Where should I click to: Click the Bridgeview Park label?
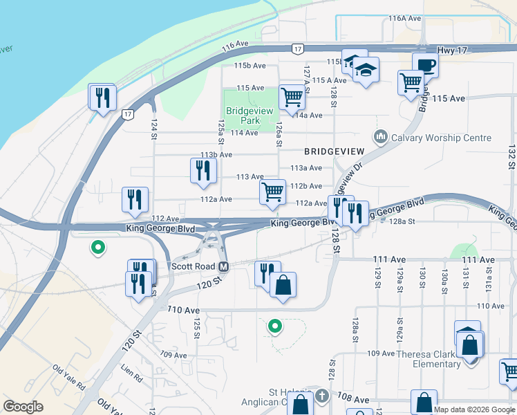242,114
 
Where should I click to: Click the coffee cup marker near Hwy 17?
425,66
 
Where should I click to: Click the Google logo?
23,407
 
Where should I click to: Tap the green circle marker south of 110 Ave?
275,324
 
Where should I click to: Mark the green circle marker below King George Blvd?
98,246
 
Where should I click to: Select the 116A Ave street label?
404,18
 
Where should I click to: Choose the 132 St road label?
511,158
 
